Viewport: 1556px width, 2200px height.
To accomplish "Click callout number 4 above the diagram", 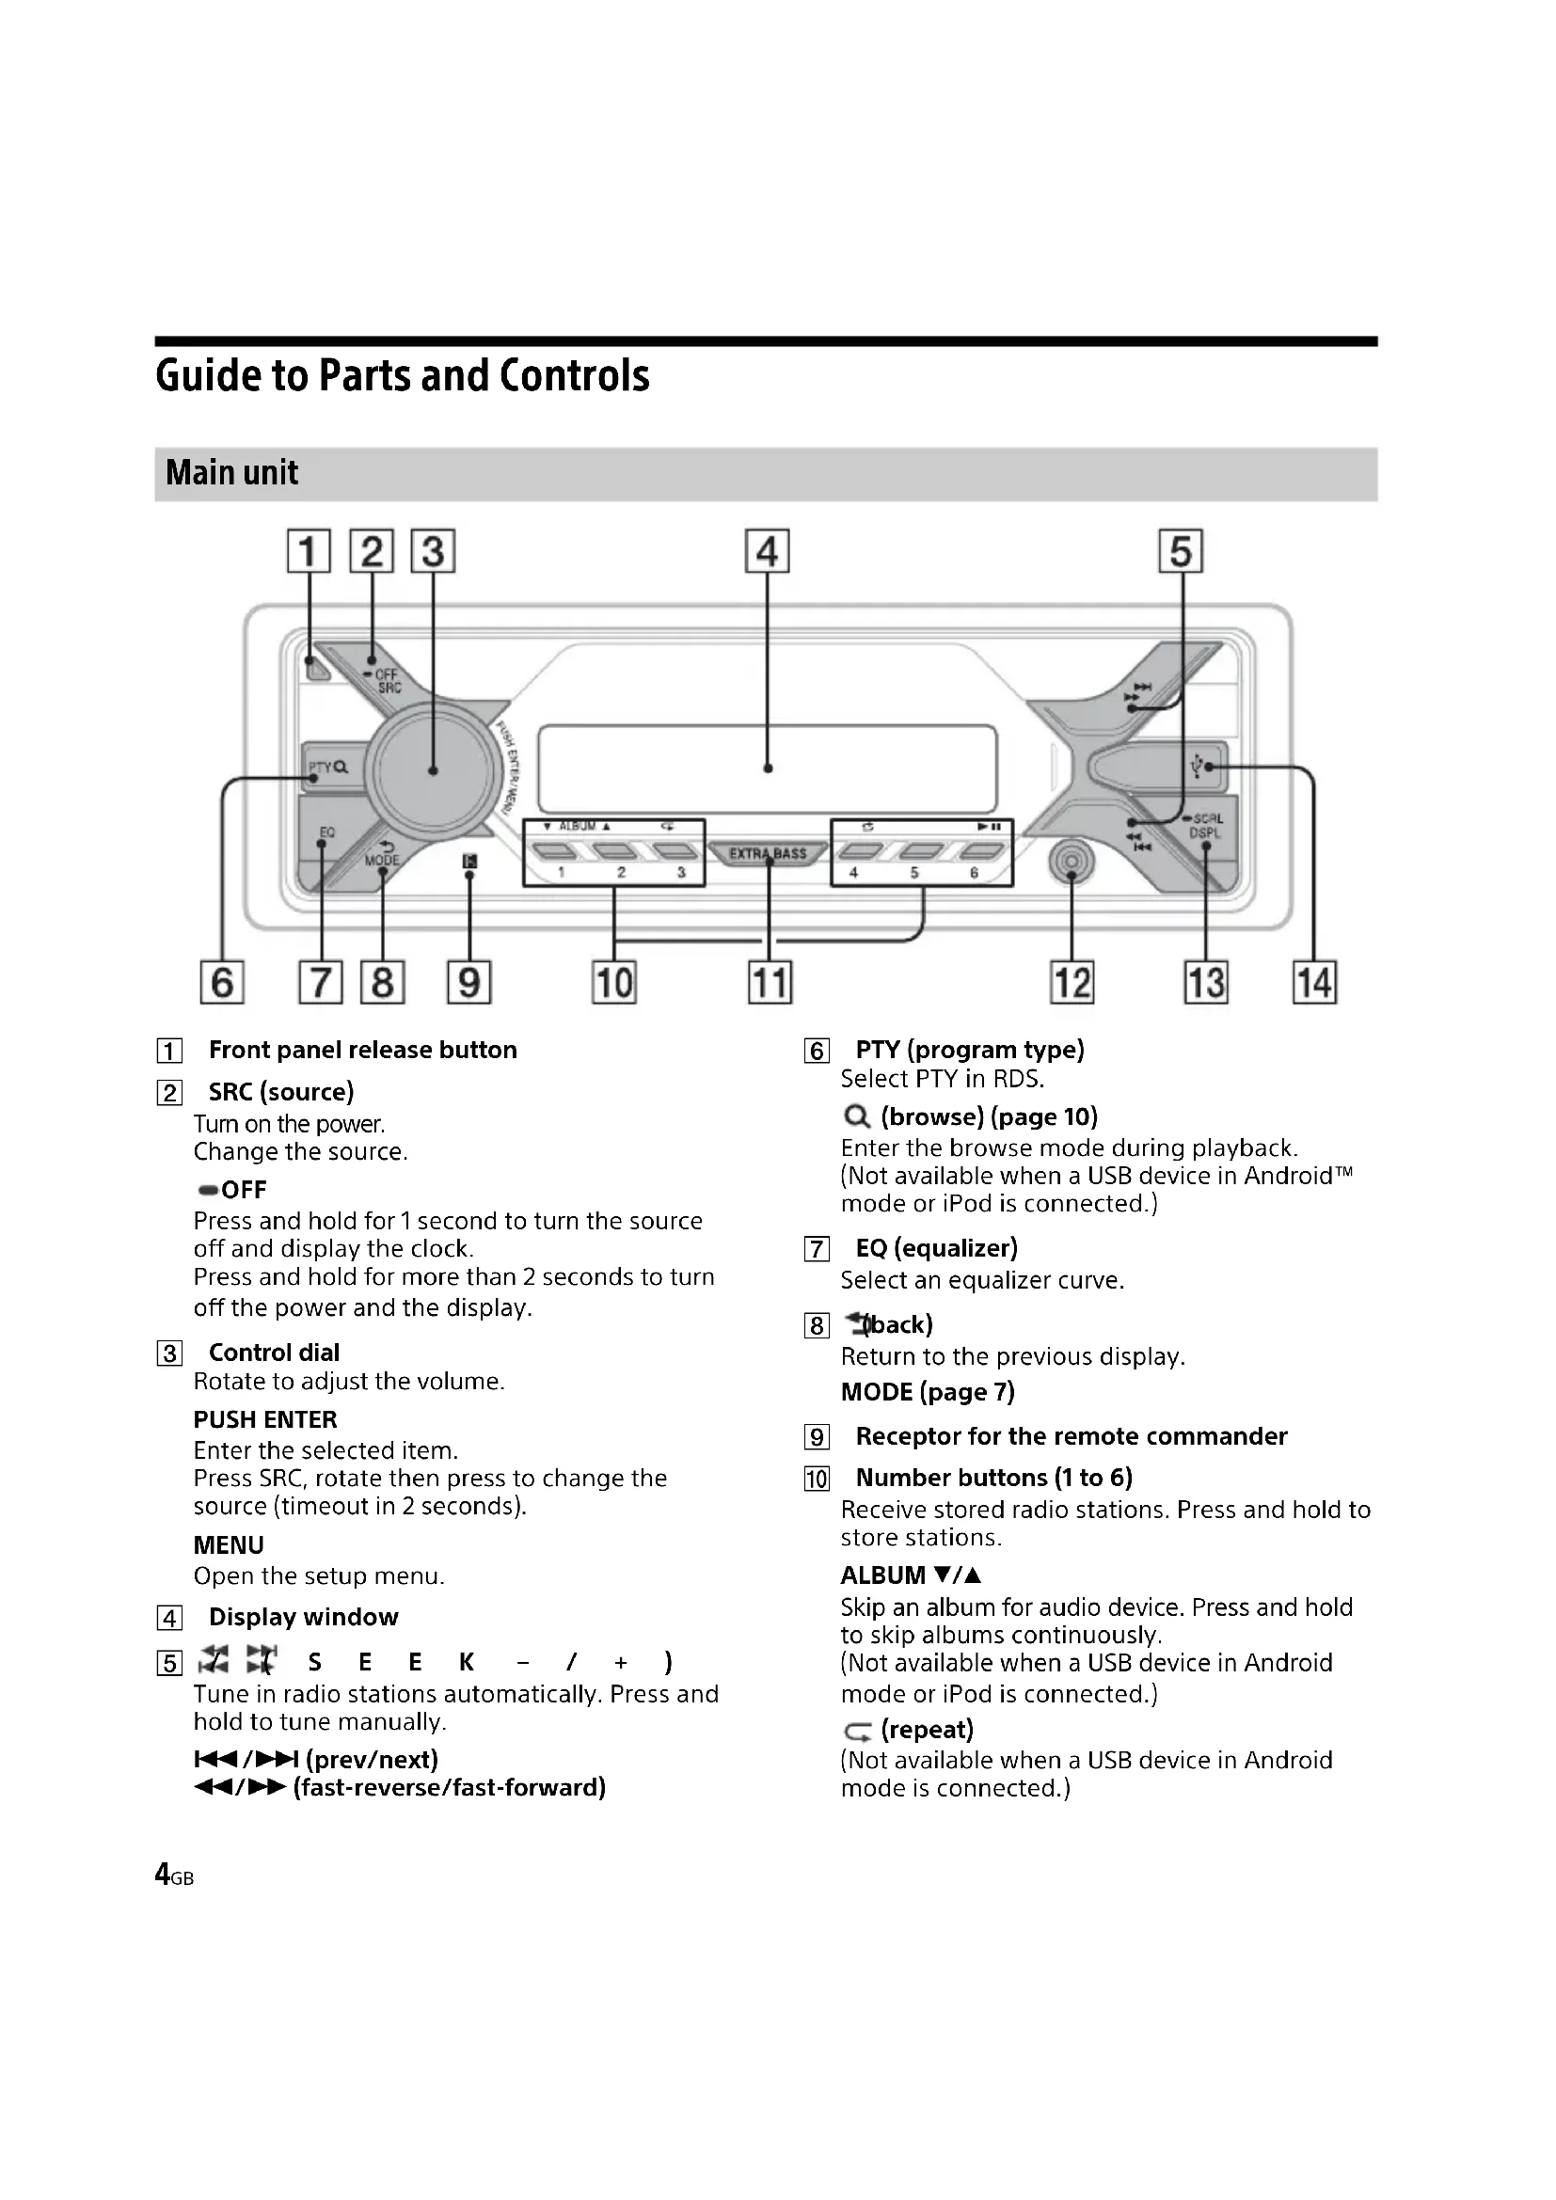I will (767, 552).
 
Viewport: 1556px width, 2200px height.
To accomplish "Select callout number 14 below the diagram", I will (1313, 983).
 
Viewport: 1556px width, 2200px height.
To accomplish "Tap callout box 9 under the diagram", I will (468, 983).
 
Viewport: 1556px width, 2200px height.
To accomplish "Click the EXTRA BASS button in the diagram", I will (768, 853).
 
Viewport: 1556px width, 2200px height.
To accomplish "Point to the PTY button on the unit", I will (326, 768).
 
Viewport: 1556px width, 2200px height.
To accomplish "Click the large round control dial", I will (433, 769).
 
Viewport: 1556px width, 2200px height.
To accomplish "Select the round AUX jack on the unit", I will (1072, 863).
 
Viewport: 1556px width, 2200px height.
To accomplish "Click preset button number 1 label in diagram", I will (562, 873).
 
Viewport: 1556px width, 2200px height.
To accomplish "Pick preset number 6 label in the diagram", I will (974, 873).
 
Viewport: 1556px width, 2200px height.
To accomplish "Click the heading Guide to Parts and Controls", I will (403, 375).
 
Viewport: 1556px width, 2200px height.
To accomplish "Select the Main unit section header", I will (231, 473).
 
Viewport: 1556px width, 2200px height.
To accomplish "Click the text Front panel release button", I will (362, 1051).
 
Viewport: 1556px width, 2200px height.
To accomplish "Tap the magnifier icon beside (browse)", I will (857, 1117).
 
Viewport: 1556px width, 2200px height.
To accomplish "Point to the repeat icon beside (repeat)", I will (858, 1732).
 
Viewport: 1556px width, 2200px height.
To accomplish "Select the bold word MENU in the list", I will (228, 1545).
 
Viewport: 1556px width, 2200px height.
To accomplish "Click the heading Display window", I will (303, 1618).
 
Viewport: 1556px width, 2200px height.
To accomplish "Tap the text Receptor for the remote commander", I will (1071, 1436).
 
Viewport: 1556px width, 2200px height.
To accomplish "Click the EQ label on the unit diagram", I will (326, 832).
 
